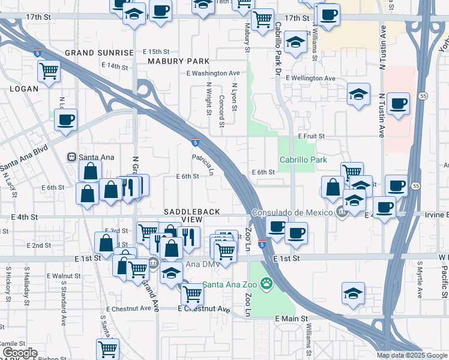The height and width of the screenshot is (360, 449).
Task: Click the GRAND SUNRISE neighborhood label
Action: (99, 53)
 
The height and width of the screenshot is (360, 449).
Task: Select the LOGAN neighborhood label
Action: (23, 89)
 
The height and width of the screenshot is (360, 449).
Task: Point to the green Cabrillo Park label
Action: (303, 160)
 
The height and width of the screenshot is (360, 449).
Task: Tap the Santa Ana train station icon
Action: (71, 157)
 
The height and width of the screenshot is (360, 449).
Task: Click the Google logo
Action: (20, 353)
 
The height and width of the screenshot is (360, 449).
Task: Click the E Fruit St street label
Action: (310, 137)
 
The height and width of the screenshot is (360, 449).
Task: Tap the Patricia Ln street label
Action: (203, 163)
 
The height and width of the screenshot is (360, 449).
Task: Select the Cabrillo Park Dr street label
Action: (278, 39)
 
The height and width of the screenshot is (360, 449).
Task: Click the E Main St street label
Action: (291, 319)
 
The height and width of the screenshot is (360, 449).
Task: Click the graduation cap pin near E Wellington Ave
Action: (358, 94)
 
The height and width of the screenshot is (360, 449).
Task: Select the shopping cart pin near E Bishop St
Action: (107, 348)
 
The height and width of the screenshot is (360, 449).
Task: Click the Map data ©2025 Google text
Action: (412, 355)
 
